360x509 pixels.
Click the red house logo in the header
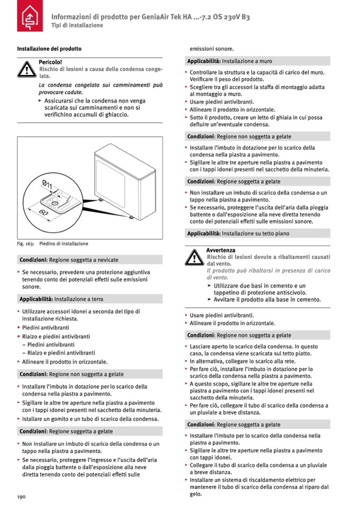pos(28,20)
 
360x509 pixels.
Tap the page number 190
pos(21,496)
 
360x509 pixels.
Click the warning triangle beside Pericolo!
pos(26,70)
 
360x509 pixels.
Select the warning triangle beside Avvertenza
pos(194,257)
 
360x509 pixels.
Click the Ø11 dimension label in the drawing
pos(47,185)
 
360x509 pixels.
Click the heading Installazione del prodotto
pos(49,49)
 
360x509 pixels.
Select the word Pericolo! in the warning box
pos(50,62)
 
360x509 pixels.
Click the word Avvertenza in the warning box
pos(220,250)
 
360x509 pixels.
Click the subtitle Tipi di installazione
pos(77,25)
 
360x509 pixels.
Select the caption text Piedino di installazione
pos(64,244)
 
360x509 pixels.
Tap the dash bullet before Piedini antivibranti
pos(24,344)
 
